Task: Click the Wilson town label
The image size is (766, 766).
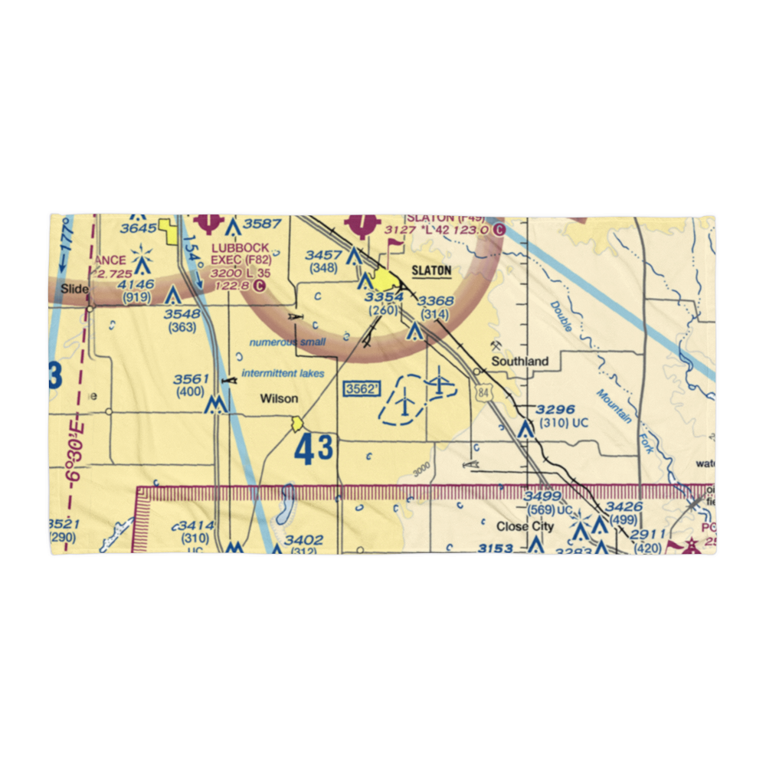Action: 279,398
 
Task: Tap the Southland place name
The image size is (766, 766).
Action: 520,361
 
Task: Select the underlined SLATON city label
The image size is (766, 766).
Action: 431,270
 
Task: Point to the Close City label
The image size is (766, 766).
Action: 525,526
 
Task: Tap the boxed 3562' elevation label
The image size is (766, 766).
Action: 362,389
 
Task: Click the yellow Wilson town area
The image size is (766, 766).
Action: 296,423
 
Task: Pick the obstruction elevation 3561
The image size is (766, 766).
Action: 191,379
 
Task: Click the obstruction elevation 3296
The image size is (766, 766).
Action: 555,410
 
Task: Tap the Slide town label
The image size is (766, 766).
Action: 75,289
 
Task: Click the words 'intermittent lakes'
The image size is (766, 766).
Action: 283,374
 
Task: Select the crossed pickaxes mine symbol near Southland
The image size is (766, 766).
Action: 498,346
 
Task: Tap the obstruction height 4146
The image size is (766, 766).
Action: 136,284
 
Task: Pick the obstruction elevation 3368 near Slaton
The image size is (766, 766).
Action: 434,301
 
